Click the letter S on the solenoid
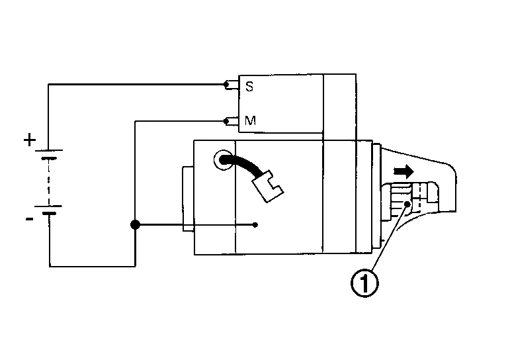(x=249, y=86)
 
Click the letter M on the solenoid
(x=250, y=121)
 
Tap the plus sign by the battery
(x=30, y=140)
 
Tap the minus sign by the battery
(x=30, y=219)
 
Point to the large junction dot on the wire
(x=135, y=225)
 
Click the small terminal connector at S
(x=230, y=85)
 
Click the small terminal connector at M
(x=230, y=120)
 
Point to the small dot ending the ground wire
(x=256, y=225)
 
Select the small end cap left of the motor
(x=187, y=199)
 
